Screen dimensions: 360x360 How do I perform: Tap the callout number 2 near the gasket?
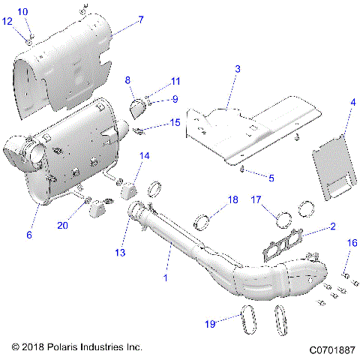(333, 226)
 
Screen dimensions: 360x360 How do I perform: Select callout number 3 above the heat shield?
(237, 69)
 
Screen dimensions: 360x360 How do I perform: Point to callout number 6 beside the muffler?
(29, 235)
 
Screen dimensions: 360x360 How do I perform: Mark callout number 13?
(120, 253)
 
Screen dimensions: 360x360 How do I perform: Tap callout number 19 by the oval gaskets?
(211, 323)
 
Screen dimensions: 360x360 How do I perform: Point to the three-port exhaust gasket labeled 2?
(286, 244)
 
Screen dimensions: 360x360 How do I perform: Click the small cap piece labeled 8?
(137, 109)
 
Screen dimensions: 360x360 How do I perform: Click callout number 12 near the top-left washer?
(8, 22)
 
